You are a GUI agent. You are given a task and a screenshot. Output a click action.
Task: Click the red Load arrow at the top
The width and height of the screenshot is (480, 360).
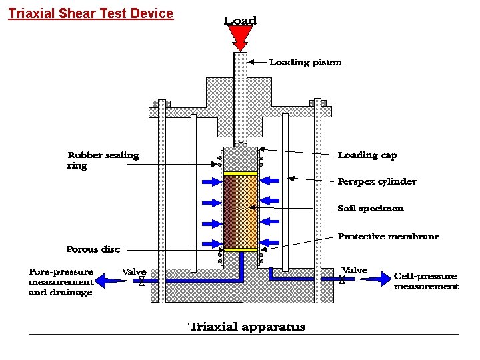coord(240,39)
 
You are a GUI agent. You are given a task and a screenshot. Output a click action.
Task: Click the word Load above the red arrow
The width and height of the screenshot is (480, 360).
coord(240,21)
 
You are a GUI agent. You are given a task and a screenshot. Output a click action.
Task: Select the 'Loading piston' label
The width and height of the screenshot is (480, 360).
coord(305,63)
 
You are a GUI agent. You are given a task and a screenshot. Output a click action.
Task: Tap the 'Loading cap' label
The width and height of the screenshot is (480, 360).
coord(367,155)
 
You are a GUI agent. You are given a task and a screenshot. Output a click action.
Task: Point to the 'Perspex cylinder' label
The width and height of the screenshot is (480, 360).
coord(377,181)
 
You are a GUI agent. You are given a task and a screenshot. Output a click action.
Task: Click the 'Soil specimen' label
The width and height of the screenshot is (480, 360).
coord(370,209)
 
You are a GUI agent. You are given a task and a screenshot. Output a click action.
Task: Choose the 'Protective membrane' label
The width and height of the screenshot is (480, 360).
coord(388,237)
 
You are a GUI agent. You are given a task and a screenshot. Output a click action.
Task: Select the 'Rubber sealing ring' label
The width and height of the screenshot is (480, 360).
coord(103,160)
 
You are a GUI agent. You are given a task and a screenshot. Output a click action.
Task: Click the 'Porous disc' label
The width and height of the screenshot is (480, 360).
coord(93,249)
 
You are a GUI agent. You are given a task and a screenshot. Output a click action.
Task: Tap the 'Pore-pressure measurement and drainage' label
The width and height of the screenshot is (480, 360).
coord(61,282)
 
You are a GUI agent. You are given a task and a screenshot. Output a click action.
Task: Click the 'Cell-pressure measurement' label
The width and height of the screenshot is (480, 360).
coord(426,281)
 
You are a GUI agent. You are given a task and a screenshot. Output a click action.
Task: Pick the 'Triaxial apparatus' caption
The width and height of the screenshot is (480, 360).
coord(247,327)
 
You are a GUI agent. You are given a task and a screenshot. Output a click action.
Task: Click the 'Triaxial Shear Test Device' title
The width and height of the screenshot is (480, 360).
coord(91,13)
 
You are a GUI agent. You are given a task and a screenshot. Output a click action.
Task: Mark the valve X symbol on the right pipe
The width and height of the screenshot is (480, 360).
coord(342,280)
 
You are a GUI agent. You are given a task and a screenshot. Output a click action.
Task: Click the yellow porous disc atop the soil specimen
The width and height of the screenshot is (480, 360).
coord(240,173)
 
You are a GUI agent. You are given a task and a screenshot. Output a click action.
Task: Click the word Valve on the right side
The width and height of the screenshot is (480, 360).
coord(354,270)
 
